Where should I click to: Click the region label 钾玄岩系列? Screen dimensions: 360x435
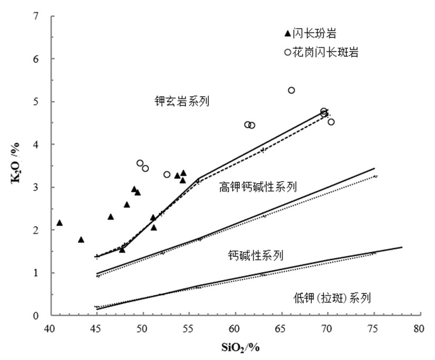pyautogui.click(x=179, y=102)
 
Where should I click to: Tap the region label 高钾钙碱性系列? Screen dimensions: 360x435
pyautogui.click(x=258, y=187)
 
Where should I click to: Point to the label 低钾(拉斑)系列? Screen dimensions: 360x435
pyautogui.click(x=332, y=298)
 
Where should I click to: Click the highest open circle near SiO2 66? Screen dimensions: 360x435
pyautogui.click(x=291, y=91)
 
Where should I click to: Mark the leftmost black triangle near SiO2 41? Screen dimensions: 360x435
pyautogui.click(x=59, y=223)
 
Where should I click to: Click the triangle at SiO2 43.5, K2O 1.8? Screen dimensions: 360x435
pyautogui.click(x=81, y=239)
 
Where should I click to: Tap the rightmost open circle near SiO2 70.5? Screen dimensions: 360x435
pyautogui.click(x=331, y=122)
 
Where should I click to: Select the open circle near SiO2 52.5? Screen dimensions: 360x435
pyautogui.click(x=167, y=174)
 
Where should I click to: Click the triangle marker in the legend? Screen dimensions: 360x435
pyautogui.click(x=287, y=34)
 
